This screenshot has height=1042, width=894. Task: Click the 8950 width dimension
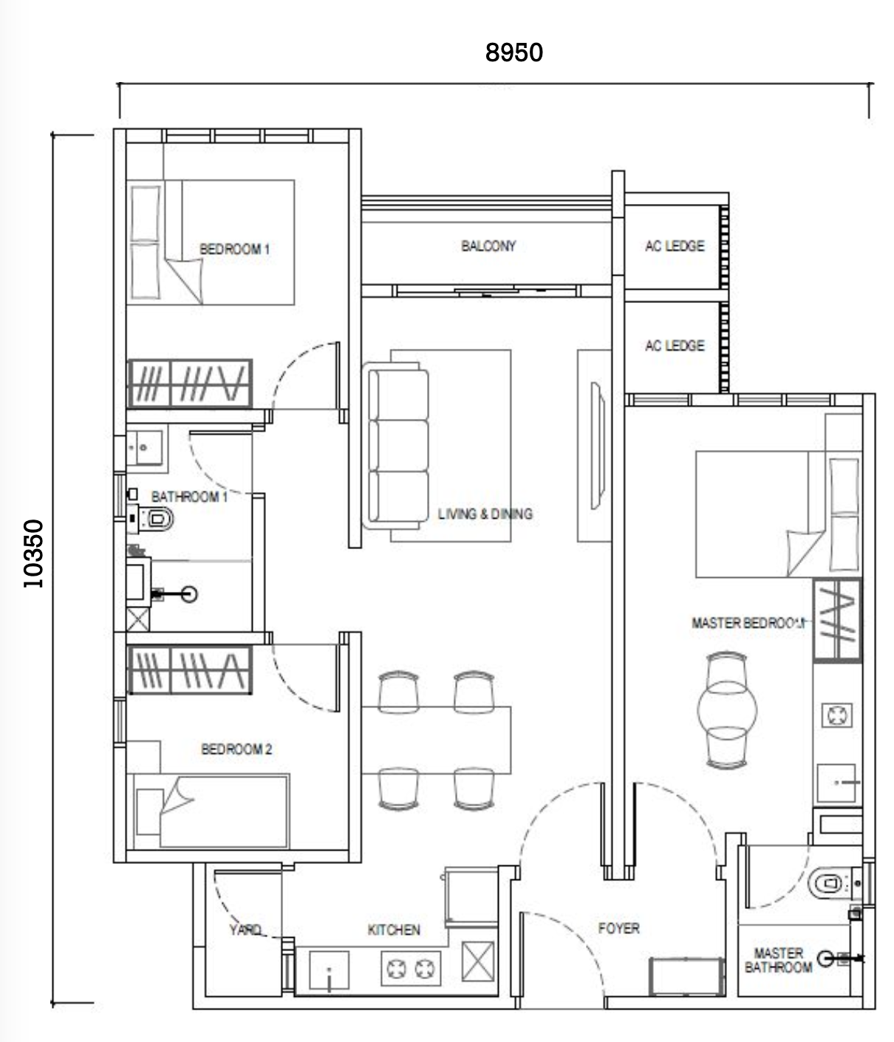point(514,52)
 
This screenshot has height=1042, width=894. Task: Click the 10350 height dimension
point(33,554)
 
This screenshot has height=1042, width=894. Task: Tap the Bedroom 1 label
point(234,249)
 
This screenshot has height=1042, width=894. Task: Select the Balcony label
point(488,246)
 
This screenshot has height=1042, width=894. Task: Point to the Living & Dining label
point(485,514)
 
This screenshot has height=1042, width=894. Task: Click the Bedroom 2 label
point(236,749)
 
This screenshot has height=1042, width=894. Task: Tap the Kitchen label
point(394,930)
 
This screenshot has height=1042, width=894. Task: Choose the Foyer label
point(619,928)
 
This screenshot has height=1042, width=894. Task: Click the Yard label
point(245,930)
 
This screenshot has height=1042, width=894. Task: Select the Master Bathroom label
point(779,960)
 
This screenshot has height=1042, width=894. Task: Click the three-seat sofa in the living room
point(396,446)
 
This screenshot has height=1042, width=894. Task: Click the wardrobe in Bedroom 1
point(190,383)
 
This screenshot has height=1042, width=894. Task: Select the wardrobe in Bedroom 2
point(190,670)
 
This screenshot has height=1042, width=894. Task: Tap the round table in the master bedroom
point(727,709)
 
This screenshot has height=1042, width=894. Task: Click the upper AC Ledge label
point(675,246)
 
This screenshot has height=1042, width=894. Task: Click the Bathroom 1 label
point(189,497)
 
